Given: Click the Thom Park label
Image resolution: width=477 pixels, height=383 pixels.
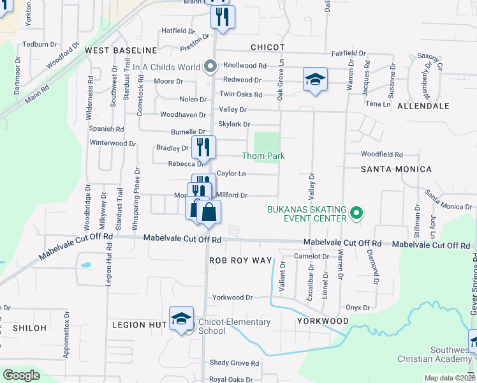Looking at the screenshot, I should click(263, 156).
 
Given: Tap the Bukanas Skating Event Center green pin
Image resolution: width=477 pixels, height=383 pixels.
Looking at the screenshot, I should click(356, 214).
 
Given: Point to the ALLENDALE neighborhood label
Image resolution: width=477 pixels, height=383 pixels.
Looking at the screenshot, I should click(423, 106).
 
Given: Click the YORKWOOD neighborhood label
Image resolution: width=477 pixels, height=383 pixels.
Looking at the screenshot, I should click(323, 321).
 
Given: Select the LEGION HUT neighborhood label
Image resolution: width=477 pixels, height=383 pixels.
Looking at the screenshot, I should click(139, 325).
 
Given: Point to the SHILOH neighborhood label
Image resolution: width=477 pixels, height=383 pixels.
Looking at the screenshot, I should click(29, 327).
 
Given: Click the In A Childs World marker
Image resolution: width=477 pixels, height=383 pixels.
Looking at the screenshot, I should click(209, 66).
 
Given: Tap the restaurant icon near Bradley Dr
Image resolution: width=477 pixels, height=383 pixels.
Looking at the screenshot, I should click(203, 146).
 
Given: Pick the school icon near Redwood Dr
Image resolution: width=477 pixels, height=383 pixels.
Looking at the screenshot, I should click(315, 79).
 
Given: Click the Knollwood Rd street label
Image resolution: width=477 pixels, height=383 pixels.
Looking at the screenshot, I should click(245, 66).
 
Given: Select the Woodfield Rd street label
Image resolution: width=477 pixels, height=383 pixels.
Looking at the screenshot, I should click(382, 154).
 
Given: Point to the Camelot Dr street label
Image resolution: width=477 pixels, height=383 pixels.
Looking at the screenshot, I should click(309, 256).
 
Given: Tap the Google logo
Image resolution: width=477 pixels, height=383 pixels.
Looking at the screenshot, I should click(21, 375).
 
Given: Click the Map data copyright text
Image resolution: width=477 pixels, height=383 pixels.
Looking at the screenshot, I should click(449, 378).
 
